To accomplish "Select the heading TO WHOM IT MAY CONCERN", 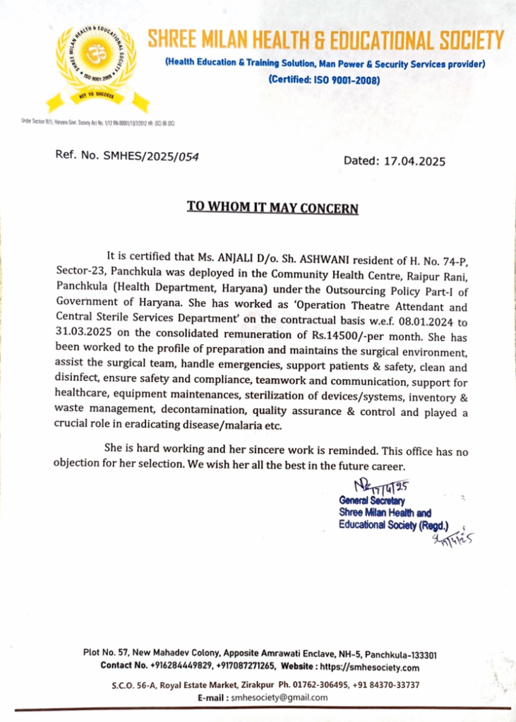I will pyautogui.click(x=272, y=208).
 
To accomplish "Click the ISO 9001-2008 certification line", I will pyautogui.click(x=324, y=80).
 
